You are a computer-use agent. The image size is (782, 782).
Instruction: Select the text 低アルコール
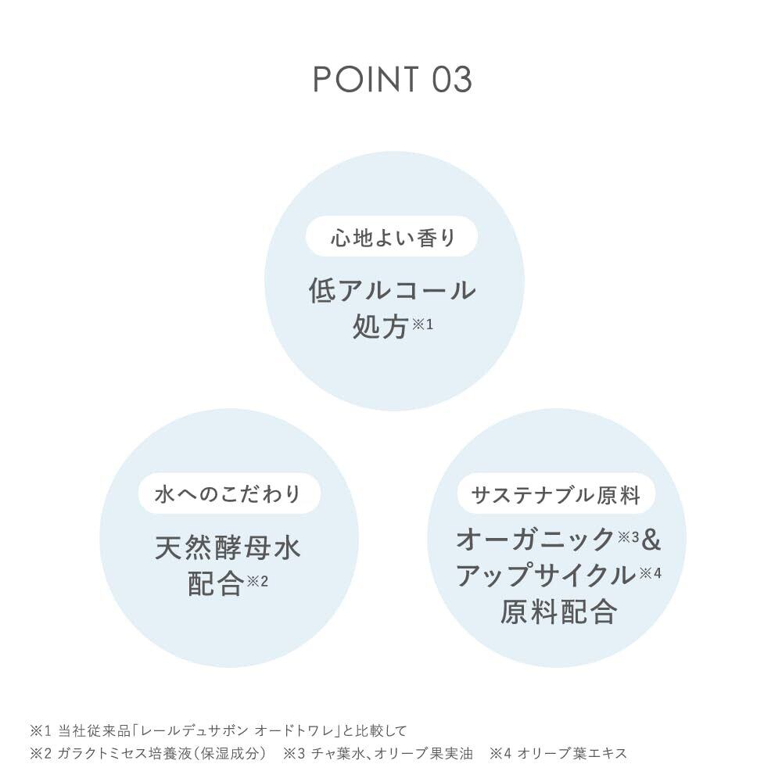(x=392, y=291)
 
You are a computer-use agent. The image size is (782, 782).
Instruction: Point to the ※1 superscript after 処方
(x=421, y=323)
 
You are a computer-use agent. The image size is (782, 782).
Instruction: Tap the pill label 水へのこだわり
(x=228, y=495)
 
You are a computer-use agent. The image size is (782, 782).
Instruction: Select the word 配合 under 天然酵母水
(x=215, y=584)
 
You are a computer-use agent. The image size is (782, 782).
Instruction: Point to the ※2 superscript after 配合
(x=257, y=581)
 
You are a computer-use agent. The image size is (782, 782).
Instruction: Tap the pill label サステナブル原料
(x=556, y=495)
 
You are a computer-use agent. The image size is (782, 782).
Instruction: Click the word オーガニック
(x=536, y=540)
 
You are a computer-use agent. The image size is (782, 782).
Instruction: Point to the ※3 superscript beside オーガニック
(x=630, y=536)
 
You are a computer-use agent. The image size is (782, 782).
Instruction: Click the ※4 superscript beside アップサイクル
(x=650, y=572)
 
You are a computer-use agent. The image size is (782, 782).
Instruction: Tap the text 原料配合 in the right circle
(x=558, y=612)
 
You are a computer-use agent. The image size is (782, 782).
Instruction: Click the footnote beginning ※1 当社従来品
(x=218, y=732)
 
